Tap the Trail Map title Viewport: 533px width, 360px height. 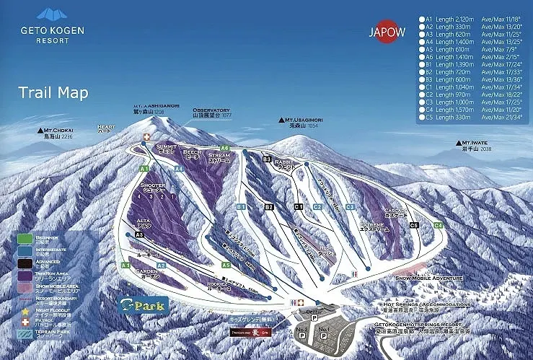[x=53, y=92]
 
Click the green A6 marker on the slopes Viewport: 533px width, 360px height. [x=225, y=148]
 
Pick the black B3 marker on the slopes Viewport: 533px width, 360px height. [x=266, y=159]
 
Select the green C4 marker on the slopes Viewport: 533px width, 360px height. [x=438, y=225]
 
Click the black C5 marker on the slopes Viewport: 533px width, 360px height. [x=414, y=225]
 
